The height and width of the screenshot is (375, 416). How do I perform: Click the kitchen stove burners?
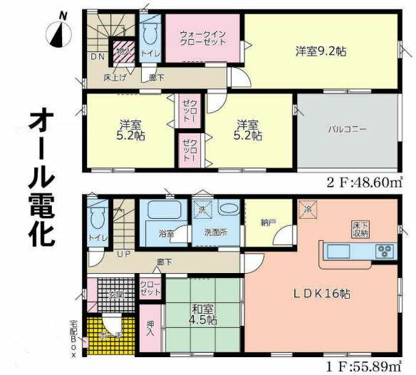(x=385, y=252)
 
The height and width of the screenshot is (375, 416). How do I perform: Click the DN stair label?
(x=96, y=56)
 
